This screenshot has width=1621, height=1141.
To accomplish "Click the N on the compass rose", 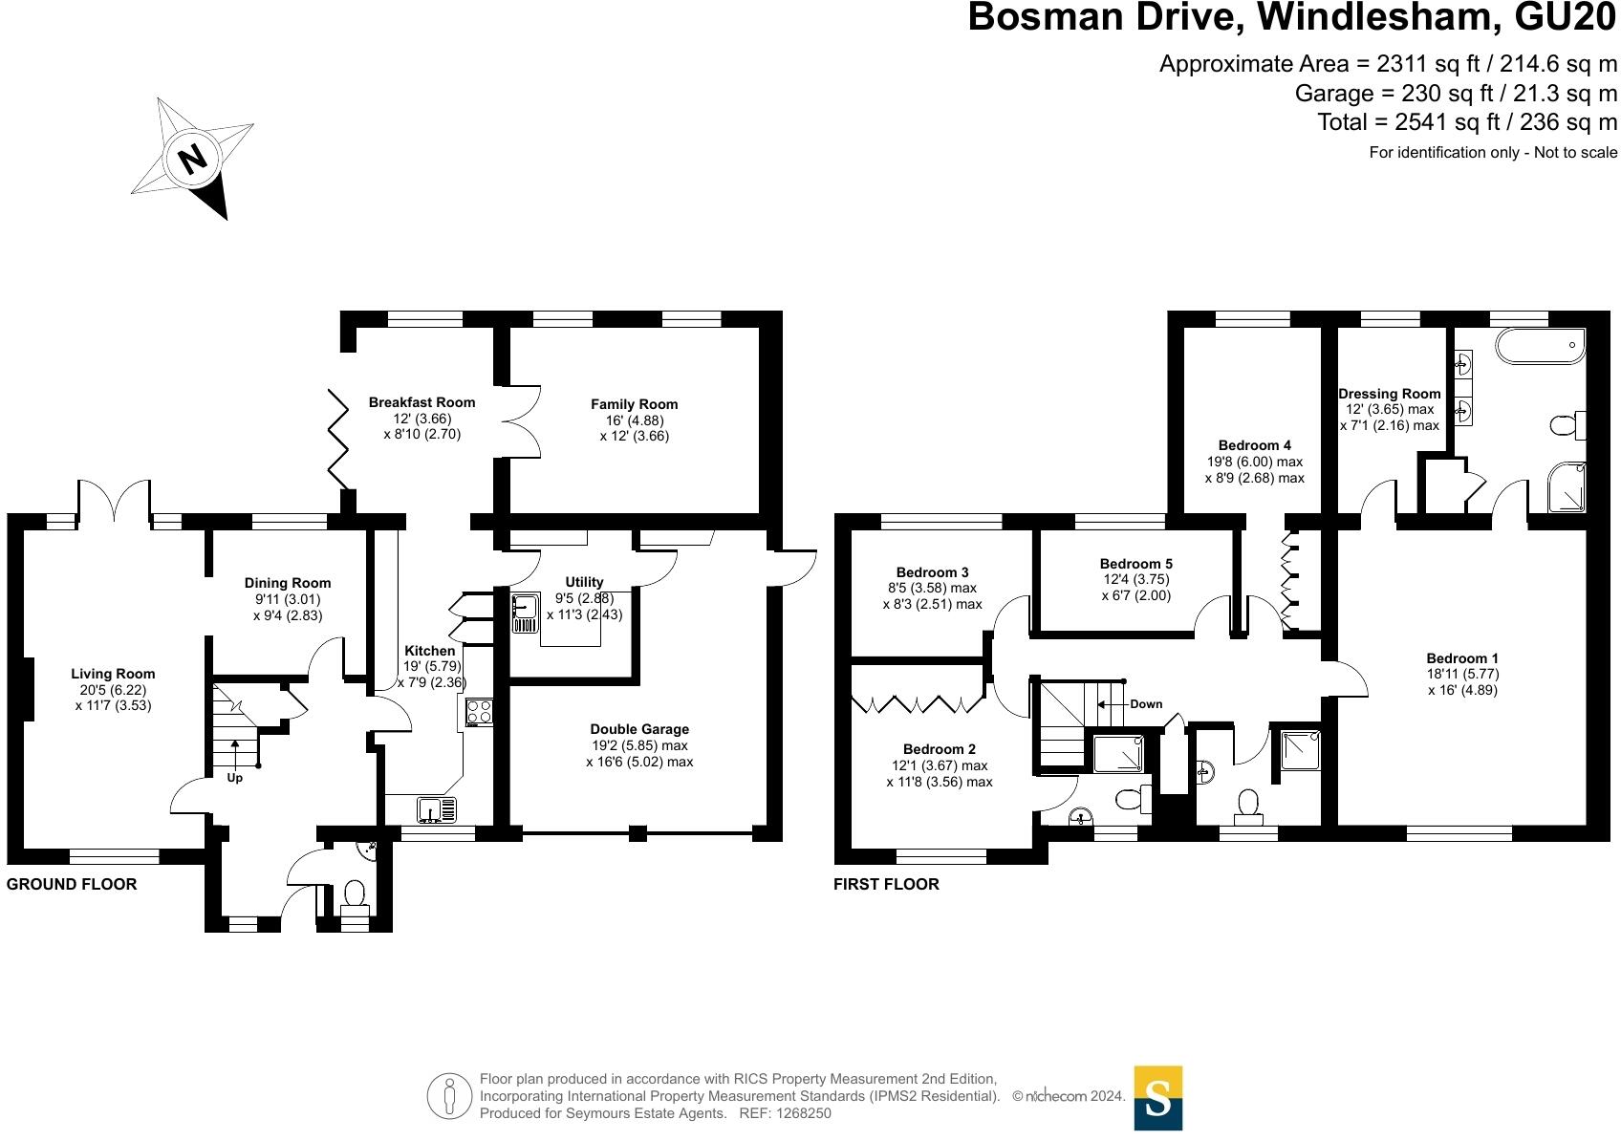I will click(x=194, y=159).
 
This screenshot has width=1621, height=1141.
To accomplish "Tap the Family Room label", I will click(x=634, y=404).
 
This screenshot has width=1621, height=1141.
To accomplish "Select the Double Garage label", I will click(x=639, y=729).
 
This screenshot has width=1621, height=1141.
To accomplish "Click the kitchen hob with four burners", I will click(x=479, y=712).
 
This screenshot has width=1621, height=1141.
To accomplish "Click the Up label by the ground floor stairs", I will click(x=234, y=778).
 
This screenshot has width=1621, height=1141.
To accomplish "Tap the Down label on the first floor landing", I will click(x=1145, y=704).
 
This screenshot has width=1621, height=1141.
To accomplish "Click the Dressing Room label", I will click(x=1389, y=394).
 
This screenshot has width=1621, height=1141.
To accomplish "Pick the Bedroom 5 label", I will click(x=1135, y=564).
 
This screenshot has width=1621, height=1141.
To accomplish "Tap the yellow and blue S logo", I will click(x=1157, y=1097).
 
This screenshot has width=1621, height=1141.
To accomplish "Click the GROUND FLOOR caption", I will click(x=72, y=885).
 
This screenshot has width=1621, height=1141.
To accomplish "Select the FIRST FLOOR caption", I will click(x=886, y=885).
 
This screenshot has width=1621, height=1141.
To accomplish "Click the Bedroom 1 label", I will click(x=1461, y=657).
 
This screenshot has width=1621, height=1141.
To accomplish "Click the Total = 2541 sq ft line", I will click(x=1466, y=122).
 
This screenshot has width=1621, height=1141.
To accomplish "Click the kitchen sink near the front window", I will click(x=436, y=810).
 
